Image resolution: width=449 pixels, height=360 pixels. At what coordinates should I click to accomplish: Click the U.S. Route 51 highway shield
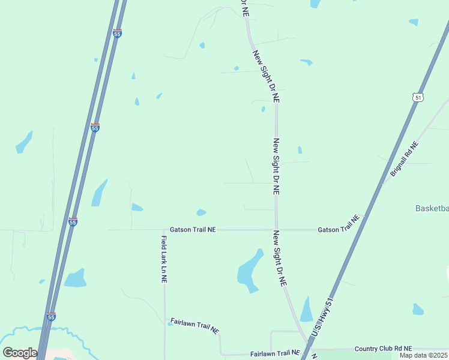click(417, 97)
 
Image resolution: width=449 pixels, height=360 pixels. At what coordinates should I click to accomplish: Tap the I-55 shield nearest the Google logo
click(51, 316)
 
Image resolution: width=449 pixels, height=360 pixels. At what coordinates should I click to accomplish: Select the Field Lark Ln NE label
click(164, 259)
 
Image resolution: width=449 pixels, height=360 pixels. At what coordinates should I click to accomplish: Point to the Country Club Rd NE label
click(383, 349)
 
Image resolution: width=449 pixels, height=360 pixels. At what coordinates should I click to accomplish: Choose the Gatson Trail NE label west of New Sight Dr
click(193, 229)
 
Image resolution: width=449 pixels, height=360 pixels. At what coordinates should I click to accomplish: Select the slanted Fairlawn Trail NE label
click(195, 326)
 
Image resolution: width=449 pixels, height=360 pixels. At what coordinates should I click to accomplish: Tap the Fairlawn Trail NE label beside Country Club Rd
click(275, 353)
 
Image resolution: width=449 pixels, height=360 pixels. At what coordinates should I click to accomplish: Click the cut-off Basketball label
click(432, 209)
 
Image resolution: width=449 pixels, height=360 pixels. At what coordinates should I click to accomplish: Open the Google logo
click(20, 352)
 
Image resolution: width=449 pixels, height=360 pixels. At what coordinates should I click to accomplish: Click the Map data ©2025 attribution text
click(424, 356)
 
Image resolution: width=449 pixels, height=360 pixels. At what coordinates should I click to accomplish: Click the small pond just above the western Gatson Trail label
click(201, 212)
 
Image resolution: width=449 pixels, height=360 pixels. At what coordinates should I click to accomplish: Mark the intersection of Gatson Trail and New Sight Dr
click(277, 229)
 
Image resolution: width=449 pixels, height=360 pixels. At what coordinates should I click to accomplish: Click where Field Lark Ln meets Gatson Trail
click(164, 229)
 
